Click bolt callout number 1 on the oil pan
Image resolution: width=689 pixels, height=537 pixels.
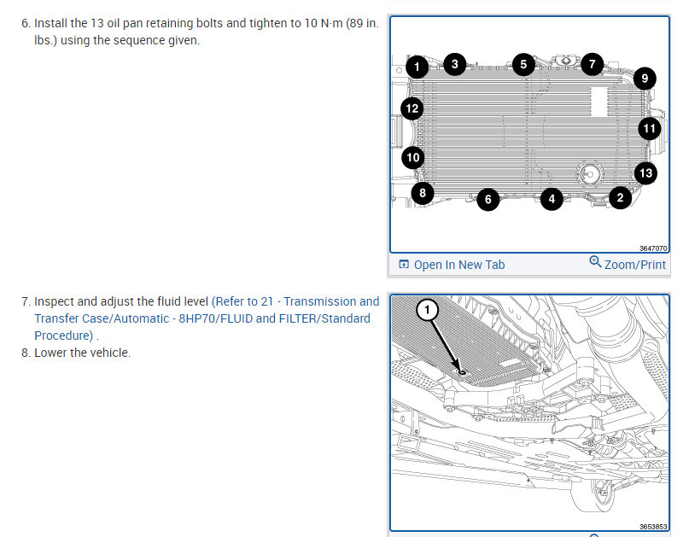pyautogui.click(x=417, y=67)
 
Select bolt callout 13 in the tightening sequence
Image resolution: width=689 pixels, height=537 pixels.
pyautogui.click(x=646, y=173)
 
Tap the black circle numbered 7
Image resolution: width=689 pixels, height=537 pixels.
pyautogui.click(x=593, y=64)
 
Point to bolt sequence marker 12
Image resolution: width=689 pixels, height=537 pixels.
pyautogui.click(x=412, y=108)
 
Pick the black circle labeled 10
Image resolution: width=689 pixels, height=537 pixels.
pyautogui.click(x=413, y=157)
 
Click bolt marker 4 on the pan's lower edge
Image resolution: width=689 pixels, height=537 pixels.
pyautogui.click(x=552, y=199)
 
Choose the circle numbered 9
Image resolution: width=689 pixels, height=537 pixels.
pyautogui.click(x=645, y=79)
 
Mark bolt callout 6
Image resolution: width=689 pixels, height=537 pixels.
pyautogui.click(x=488, y=200)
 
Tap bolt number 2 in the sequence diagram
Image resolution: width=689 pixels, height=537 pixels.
pyautogui.click(x=621, y=198)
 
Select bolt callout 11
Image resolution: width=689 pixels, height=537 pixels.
pyautogui.click(x=650, y=129)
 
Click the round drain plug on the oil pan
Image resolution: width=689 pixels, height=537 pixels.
pyautogui.click(x=590, y=174)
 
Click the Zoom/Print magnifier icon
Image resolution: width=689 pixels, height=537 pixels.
pyautogui.click(x=595, y=261)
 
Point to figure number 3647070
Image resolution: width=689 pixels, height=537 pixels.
pyautogui.click(x=653, y=248)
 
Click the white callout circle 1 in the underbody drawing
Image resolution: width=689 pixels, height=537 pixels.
pyautogui.click(x=427, y=310)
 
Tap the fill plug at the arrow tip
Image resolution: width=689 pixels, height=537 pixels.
pyautogui.click(x=462, y=372)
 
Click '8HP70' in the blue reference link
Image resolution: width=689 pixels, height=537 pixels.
pyautogui.click(x=197, y=318)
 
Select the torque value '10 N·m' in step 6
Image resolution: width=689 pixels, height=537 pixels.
pyautogui.click(x=324, y=23)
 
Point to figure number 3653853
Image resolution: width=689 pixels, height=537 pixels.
pyautogui.click(x=653, y=527)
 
